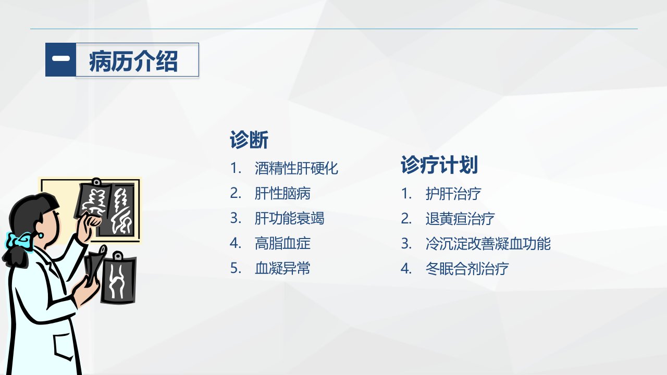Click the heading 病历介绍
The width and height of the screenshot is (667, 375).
click(133, 61)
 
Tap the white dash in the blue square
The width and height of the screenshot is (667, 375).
click(61, 58)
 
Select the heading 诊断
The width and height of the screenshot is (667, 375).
click(249, 140)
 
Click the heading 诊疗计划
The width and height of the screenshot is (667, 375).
click(439, 165)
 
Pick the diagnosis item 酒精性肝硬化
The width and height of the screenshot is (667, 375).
click(297, 168)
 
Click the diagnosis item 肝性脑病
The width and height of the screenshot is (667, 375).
click(282, 193)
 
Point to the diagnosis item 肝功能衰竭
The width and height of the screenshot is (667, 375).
click(289, 218)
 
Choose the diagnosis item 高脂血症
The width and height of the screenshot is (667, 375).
click(282, 243)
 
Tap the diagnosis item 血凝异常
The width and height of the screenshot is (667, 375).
click(282, 268)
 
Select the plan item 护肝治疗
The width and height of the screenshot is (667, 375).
click(453, 194)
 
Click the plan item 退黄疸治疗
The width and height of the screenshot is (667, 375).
click(460, 219)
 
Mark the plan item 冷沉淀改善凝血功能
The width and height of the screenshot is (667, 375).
click(488, 244)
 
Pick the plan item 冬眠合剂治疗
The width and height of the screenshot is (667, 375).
click(467, 269)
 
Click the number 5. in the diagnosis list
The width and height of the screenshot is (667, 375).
click(236, 268)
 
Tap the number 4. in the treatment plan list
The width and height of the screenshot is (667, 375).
click(406, 269)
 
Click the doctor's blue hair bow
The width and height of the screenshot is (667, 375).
click(19, 241)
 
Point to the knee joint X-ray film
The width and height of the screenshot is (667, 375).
click(119, 278)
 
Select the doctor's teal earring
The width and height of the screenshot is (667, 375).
click(40, 235)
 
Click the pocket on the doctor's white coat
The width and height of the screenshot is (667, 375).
click(63, 346)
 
